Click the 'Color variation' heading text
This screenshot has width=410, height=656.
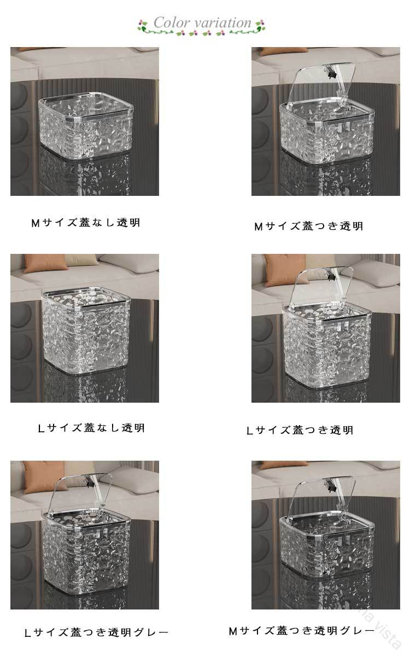point(202,22)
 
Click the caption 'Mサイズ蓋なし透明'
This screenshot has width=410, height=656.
point(86,223)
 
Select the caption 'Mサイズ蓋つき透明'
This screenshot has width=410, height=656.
point(309,227)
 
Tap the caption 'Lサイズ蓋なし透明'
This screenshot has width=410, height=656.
point(91,428)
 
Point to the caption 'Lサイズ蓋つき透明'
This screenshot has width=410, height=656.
point(300,430)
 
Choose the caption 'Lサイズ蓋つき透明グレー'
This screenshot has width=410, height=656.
point(97,632)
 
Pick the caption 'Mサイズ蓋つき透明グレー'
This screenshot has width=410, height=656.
point(302,630)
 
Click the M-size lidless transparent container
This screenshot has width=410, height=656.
point(86,125)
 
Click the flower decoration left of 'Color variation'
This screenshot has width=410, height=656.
point(143,26)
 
